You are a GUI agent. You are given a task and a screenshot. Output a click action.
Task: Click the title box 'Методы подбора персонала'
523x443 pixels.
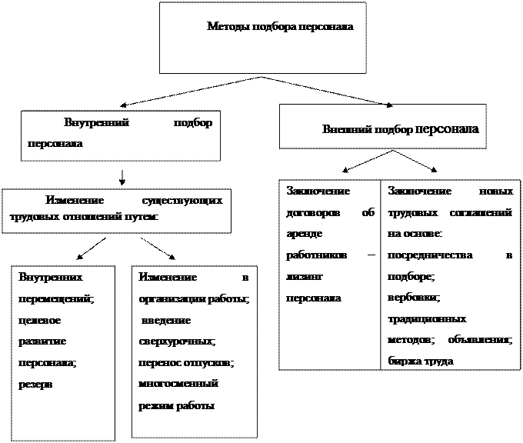coord(280,27)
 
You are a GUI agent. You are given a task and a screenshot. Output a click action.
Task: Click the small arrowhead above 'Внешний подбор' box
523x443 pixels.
coord(390,104)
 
